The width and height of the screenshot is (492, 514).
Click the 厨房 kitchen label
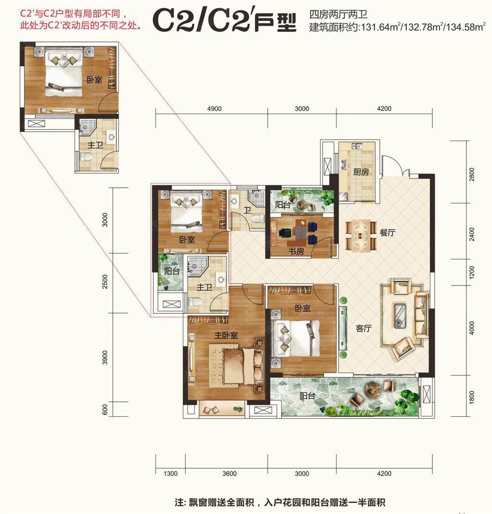click(361, 171)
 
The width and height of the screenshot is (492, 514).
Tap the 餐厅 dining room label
click(387, 232)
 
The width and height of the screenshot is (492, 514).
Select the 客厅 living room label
click(363, 328)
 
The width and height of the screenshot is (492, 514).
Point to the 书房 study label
click(296, 251)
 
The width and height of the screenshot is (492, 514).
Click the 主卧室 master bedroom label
click(226, 335)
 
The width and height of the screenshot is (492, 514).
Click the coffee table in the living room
click(400, 316)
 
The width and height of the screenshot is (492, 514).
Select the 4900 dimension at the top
click(214, 109)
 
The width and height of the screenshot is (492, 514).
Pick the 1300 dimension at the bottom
click(170, 474)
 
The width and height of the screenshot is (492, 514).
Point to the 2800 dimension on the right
click(472, 174)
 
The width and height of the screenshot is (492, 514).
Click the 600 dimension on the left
click(105, 410)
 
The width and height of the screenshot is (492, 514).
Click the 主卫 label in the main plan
click(204, 287)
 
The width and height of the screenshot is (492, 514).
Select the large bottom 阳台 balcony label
click(307, 396)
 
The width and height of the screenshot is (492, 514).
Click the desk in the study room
click(299, 230)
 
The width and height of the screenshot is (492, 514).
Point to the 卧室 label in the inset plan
click(94, 80)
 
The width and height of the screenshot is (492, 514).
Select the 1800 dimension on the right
click(472, 397)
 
